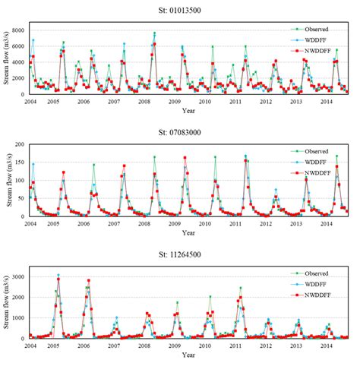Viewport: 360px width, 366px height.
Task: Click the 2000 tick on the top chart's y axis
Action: (20, 77)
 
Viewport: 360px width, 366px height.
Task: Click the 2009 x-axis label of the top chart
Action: (175, 101)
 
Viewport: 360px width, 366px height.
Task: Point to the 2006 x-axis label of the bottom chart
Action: (84, 345)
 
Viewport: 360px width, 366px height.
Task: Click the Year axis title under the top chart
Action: (188, 110)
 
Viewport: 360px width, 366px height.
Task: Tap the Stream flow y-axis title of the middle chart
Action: (7, 179)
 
